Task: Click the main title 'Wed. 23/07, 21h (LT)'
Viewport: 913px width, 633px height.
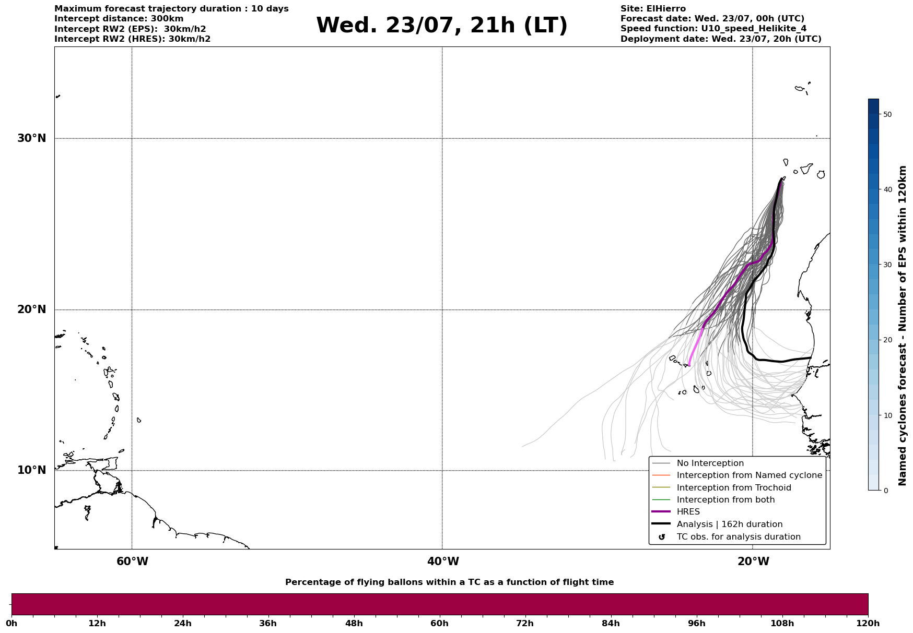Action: click(441, 26)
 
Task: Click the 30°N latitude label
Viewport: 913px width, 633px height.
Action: click(31, 138)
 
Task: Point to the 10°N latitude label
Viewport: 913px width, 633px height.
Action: click(31, 470)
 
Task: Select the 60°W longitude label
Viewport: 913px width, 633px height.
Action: click(132, 562)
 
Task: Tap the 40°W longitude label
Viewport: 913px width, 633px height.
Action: click(443, 562)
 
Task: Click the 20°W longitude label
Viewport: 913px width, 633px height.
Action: click(753, 562)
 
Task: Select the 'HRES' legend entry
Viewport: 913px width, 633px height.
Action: click(688, 512)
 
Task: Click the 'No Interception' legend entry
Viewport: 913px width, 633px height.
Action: click(710, 463)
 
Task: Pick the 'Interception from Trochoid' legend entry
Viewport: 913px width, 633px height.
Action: click(733, 488)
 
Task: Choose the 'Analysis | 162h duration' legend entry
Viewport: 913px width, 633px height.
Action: click(729, 524)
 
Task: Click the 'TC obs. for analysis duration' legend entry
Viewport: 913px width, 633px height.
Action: click(738, 537)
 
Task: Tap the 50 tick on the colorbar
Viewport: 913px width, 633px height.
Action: click(887, 114)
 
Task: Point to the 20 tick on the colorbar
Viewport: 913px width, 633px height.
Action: click(887, 340)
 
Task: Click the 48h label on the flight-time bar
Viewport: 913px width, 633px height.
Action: click(354, 624)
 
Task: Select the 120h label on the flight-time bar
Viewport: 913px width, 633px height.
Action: click(868, 624)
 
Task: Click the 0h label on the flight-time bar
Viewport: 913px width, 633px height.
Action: click(11, 624)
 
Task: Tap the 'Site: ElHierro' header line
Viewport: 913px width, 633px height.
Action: click(653, 9)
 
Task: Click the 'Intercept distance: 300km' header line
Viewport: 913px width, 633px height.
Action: click(119, 19)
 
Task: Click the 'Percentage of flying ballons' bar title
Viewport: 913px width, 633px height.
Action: click(449, 582)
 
